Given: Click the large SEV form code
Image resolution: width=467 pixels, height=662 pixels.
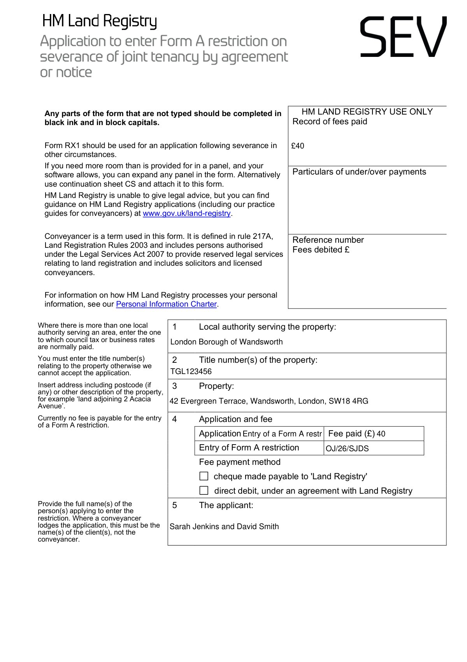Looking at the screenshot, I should pos(403,37).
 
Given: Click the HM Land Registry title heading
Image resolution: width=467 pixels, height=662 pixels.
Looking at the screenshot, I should pos(100,21).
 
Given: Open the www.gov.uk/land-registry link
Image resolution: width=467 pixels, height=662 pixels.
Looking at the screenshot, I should pos(187,214).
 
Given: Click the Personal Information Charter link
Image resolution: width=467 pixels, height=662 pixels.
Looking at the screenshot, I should pos(166,304).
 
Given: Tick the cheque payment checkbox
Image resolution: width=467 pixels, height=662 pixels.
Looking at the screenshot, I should pos(204,476).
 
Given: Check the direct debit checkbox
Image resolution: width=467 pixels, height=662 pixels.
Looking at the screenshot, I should pos(204,491).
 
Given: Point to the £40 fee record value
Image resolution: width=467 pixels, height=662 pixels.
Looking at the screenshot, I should pos(298,146).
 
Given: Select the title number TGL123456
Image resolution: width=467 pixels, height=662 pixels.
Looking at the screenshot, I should pos(191,372).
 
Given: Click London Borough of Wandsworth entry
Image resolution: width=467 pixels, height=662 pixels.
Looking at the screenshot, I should pos(226,342).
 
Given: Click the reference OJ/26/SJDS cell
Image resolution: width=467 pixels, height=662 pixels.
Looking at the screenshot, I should pos(347,448).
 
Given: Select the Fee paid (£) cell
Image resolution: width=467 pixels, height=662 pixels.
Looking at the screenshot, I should pos(356,434).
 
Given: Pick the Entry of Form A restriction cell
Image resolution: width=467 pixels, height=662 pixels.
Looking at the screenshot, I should pos(249,448).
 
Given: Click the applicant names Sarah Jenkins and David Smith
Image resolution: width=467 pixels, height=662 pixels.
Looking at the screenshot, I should pos(224,527).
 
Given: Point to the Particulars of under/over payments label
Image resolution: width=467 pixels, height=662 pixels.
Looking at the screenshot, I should pos(359,172).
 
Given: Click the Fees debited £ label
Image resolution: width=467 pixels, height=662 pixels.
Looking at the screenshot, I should pos(321,250).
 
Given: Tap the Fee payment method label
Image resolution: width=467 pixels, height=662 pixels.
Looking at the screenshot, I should pos(240,462).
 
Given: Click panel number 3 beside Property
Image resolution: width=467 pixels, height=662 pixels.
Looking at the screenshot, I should pos(174,386).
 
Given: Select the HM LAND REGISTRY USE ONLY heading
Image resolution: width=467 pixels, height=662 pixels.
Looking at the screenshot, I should pos(367,112).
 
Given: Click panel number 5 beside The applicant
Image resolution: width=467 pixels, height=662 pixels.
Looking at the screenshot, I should pos(174,505).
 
